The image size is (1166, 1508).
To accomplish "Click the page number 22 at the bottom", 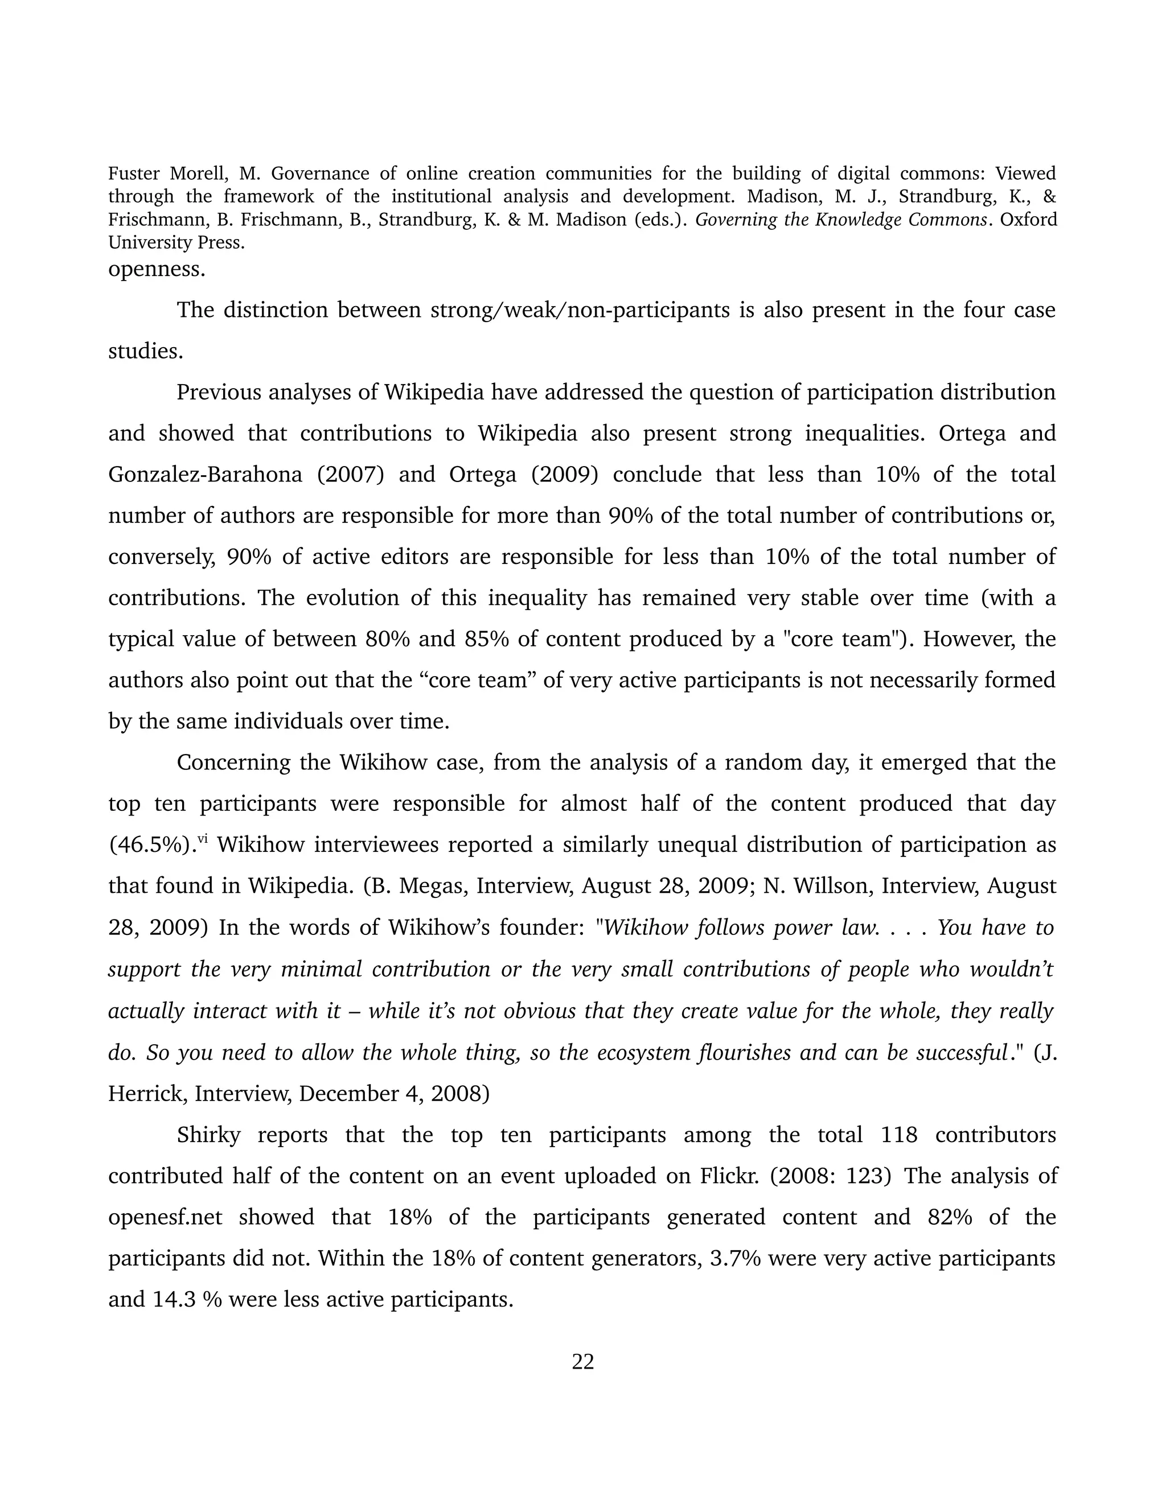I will (x=582, y=1361).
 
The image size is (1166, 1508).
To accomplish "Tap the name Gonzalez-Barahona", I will (x=205, y=475).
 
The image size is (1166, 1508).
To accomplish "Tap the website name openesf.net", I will (x=165, y=1217).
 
